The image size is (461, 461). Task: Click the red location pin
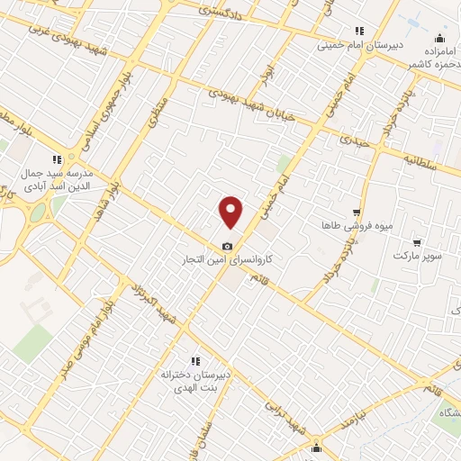point(231,212)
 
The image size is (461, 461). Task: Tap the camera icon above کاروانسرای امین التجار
point(227,246)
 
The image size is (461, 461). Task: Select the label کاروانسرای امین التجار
point(228,259)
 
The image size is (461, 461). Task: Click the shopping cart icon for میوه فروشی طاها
point(357,212)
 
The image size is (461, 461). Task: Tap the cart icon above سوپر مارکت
point(417,242)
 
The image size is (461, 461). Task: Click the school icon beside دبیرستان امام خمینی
point(359,30)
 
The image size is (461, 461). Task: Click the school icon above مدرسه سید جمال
point(57,158)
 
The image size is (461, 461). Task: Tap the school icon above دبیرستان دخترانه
point(195,360)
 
